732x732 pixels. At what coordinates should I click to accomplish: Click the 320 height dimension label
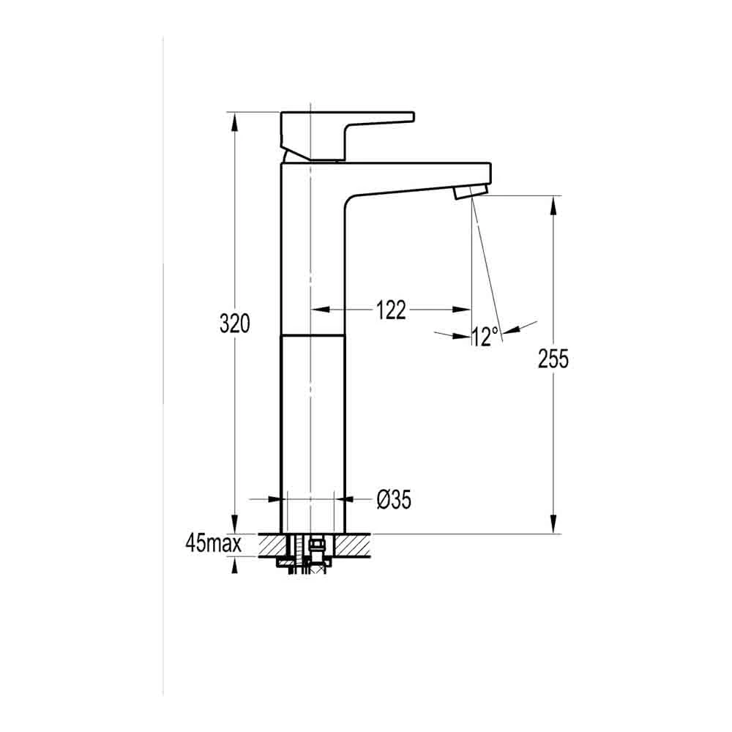(235, 324)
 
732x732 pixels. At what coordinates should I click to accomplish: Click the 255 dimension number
(553, 359)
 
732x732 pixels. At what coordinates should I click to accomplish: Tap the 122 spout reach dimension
(391, 310)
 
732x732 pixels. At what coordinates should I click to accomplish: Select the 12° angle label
(485, 337)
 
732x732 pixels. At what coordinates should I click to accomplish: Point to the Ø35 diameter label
(394, 500)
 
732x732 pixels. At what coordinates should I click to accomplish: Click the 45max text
(214, 544)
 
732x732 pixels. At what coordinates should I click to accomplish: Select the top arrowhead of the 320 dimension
(234, 120)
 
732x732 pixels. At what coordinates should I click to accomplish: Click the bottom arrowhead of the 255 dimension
(553, 526)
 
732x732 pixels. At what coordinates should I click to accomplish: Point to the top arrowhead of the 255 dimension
(553, 204)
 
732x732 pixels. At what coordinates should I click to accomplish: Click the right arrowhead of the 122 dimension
(464, 310)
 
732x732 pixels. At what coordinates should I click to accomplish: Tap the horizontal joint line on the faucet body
(313, 335)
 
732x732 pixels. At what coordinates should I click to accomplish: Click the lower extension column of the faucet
(313, 432)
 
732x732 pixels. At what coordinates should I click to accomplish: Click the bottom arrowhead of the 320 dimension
(234, 526)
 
